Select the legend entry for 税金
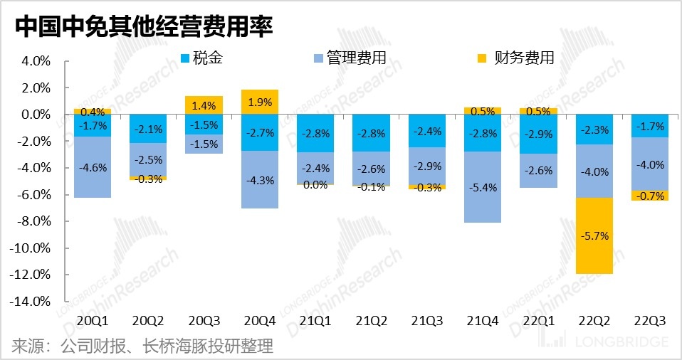(202, 58)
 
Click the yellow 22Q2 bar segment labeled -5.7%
(594, 236)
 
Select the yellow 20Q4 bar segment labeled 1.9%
(260, 102)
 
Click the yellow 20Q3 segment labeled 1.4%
(204, 105)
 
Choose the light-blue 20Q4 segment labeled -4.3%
(260, 179)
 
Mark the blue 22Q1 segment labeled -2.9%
(538, 134)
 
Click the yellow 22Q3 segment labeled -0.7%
(650, 196)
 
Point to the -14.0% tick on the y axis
(29, 302)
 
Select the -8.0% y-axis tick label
(32, 221)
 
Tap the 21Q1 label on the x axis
(315, 322)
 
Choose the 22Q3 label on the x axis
(650, 322)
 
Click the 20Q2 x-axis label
(148, 322)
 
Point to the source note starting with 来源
(142, 346)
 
